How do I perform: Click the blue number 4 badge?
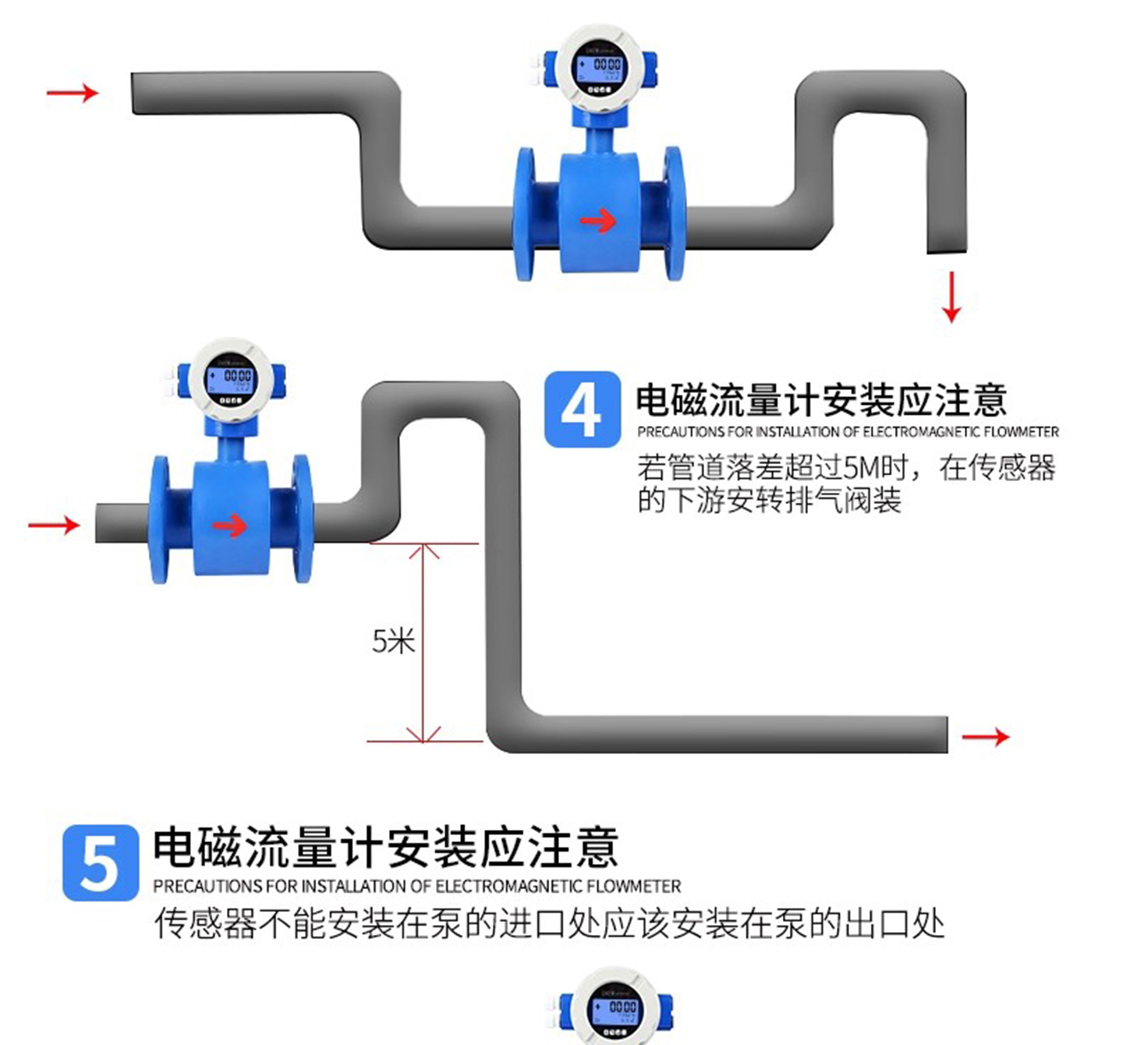(x=582, y=410)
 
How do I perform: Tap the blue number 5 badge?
(x=101, y=863)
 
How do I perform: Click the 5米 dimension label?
(x=393, y=641)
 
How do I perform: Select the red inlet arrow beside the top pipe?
(x=73, y=94)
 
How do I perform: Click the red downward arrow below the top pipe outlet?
(x=951, y=297)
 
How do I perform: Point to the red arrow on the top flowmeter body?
(x=598, y=221)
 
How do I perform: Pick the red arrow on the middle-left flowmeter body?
(x=229, y=526)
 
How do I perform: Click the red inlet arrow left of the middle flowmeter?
(x=54, y=525)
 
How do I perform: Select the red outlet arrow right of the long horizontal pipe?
(x=986, y=736)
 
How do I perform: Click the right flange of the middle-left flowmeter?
(x=302, y=519)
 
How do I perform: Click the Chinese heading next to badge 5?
(x=385, y=848)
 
